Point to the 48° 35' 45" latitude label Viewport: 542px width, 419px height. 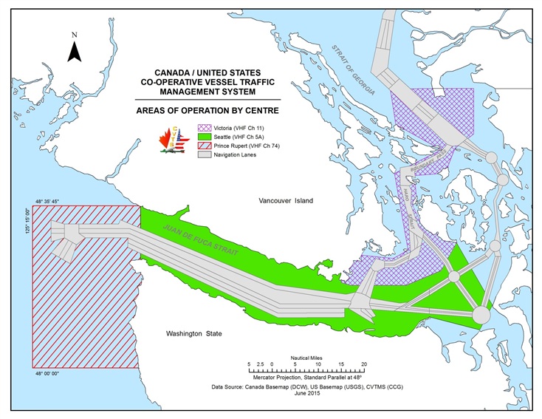[50, 201]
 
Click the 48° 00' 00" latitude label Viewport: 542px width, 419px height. [50, 373]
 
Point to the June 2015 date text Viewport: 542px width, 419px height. [305, 393]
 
